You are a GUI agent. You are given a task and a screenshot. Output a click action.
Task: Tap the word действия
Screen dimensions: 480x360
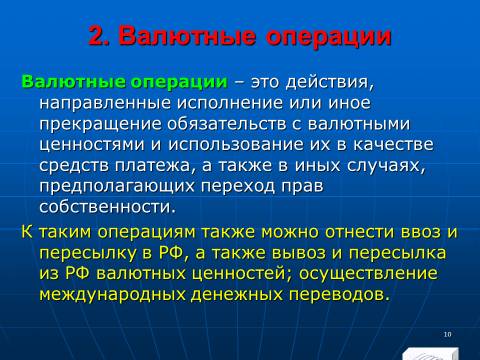[x=330, y=83]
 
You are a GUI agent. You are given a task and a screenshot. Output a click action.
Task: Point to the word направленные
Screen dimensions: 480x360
[x=105, y=103]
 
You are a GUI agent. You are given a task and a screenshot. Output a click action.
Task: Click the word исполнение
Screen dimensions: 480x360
[x=230, y=103]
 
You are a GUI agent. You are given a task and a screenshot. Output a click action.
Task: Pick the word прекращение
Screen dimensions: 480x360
[x=101, y=124]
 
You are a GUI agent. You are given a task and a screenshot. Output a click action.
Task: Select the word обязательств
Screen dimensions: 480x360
[x=227, y=124]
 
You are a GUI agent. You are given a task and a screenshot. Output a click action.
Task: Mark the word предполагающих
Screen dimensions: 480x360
[x=117, y=186]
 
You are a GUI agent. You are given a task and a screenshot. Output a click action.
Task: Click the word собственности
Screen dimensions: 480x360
[x=107, y=207]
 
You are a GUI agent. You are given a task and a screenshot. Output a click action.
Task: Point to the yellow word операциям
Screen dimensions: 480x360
[x=147, y=232]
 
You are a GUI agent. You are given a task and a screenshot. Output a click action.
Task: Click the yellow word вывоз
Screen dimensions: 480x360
[x=299, y=253]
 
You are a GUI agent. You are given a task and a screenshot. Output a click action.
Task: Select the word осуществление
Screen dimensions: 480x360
[x=368, y=274]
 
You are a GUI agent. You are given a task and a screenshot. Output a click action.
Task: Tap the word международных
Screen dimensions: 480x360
[x=112, y=295]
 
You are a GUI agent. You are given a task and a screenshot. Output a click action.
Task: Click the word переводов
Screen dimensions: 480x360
[x=339, y=295]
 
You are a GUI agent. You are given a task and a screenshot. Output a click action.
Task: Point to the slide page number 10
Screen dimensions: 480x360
[x=447, y=334]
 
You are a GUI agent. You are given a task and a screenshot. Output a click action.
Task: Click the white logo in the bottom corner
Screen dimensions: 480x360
[x=430, y=354]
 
